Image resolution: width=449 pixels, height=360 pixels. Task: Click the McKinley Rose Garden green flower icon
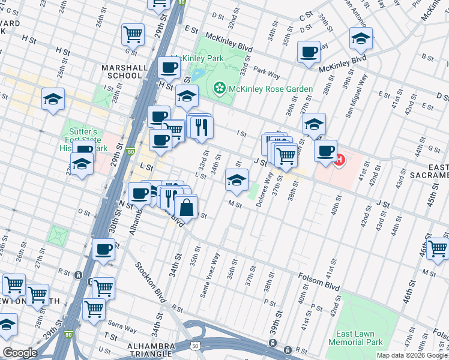click(x=219, y=89)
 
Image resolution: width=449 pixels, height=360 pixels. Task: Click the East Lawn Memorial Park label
click(x=355, y=338)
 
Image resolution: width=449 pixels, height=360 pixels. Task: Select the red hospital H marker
click(x=339, y=160)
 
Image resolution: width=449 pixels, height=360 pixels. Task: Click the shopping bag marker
click(x=186, y=208)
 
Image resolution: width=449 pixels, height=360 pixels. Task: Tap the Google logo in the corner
click(x=20, y=353)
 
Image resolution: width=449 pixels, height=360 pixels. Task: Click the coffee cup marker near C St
click(x=309, y=52)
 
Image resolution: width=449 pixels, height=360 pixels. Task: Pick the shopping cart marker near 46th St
click(x=438, y=248)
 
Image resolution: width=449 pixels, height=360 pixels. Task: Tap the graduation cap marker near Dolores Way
click(x=237, y=179)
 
